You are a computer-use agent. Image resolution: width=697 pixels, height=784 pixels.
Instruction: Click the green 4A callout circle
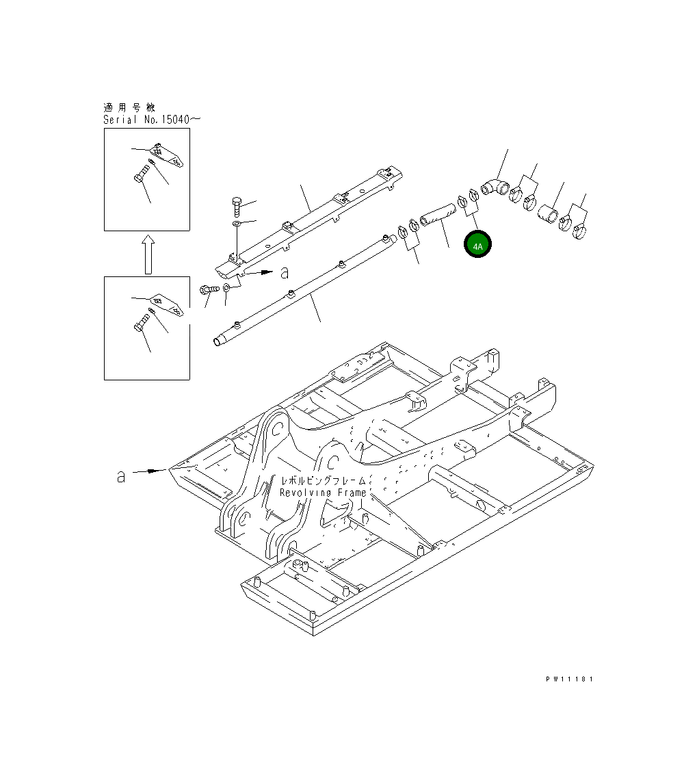(x=477, y=245)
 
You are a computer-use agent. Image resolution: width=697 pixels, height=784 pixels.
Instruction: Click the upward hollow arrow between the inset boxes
(x=147, y=254)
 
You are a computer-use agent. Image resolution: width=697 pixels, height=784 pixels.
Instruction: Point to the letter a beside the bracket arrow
(x=285, y=272)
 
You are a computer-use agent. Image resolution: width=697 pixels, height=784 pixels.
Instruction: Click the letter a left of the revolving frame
(x=120, y=476)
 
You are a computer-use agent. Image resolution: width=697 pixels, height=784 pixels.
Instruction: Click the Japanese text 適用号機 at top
(x=129, y=107)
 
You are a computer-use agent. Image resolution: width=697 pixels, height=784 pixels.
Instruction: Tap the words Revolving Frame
(x=323, y=493)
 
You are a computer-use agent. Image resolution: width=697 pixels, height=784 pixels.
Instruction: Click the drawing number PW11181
(x=569, y=679)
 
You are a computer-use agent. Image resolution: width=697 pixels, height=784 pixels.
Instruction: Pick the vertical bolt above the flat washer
(x=235, y=205)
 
